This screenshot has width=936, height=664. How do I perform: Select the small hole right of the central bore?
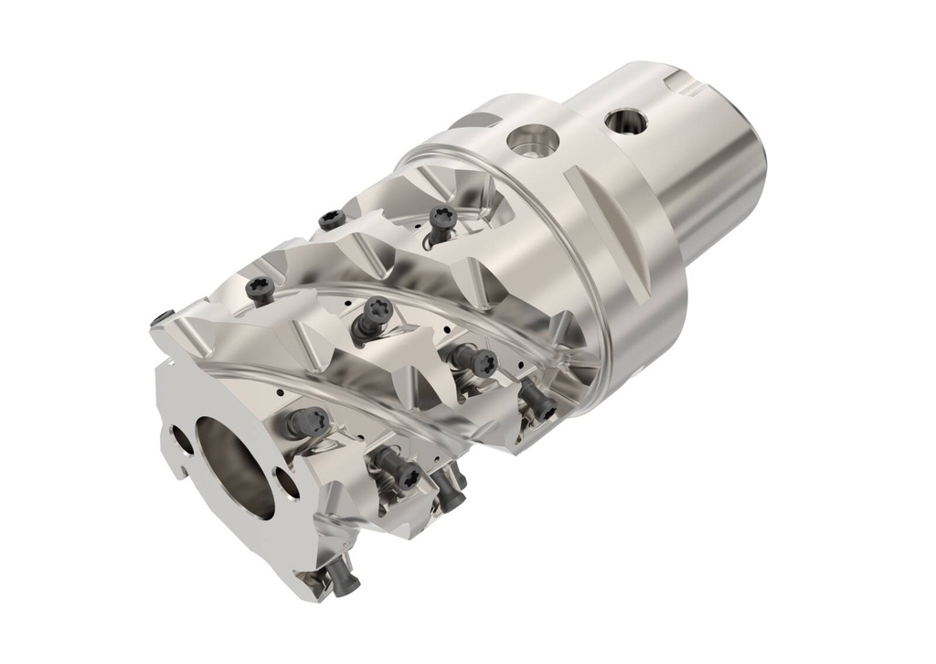coord(290,484)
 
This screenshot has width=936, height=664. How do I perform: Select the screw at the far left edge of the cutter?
coord(163,317)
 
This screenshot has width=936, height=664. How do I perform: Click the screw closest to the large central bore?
coord(307,422)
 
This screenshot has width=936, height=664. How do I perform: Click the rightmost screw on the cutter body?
coord(539,403)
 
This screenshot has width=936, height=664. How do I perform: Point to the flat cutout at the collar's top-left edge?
coord(475,120)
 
